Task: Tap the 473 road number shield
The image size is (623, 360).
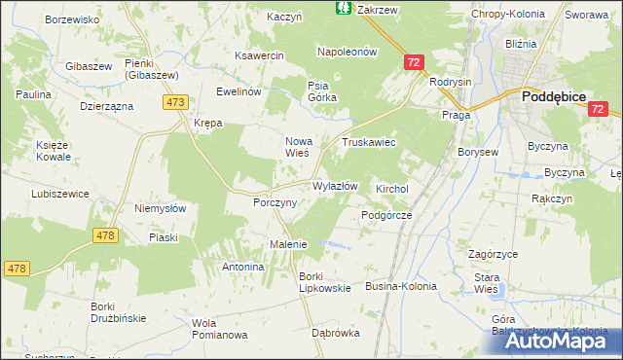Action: [176, 102]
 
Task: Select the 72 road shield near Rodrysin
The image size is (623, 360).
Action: [415, 62]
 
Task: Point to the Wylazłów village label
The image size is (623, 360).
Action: [336, 186]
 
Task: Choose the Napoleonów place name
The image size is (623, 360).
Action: [347, 52]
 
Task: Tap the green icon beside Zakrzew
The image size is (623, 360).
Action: [344, 8]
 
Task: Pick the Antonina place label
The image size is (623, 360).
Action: [243, 267]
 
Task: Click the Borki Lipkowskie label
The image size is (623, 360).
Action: [317, 282]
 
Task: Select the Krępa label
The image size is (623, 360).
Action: [207, 124]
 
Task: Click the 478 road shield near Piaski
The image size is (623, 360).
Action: [108, 234]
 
